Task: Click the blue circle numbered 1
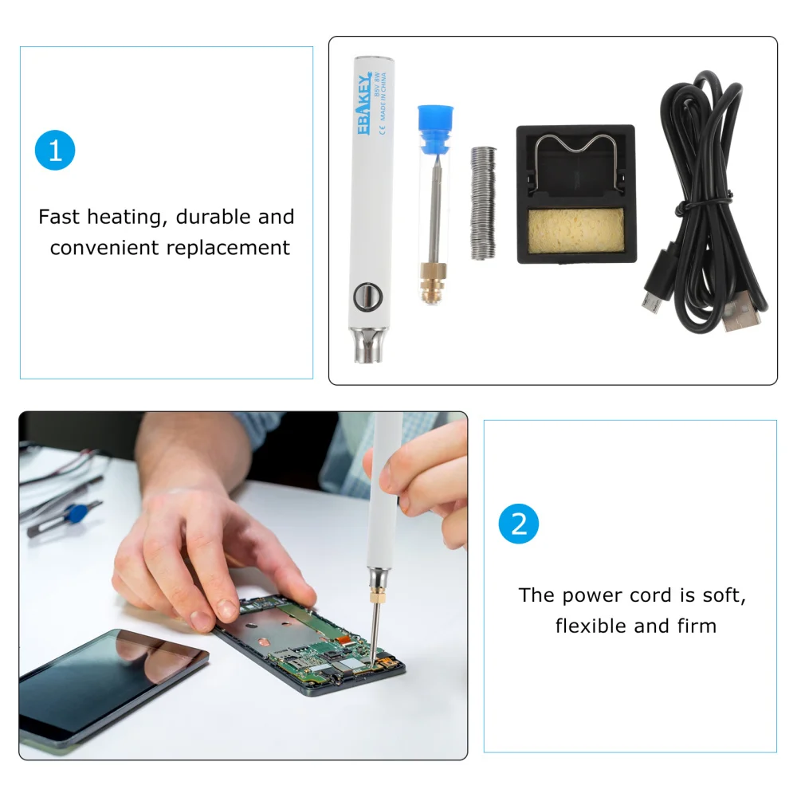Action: click(x=55, y=151)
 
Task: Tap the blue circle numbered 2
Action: click(x=519, y=524)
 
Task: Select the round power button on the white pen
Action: click(x=364, y=296)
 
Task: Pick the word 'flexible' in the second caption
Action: click(x=591, y=626)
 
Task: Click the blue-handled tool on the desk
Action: click(x=76, y=513)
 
